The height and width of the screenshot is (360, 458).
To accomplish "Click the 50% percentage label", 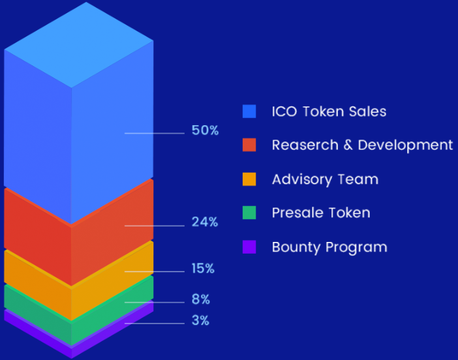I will tap(205, 130).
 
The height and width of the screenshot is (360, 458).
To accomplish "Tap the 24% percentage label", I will tap(205, 222).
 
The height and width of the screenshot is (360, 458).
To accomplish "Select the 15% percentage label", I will tap(203, 269).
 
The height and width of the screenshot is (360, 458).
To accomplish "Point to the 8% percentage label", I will tap(201, 300).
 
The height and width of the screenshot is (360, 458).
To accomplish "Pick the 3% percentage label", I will tap(200, 321).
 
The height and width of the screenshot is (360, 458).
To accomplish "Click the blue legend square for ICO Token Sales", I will tap(249, 112).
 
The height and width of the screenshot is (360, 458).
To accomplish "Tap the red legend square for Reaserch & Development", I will tap(249, 145).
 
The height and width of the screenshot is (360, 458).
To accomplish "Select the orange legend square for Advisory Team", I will tap(249, 179).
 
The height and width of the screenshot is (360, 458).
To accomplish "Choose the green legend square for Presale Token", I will tap(249, 213).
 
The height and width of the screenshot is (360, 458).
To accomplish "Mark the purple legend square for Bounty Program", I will tap(249, 247).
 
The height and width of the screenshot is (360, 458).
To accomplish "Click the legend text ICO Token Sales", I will tap(329, 112).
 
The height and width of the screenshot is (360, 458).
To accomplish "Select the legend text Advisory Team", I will tap(325, 179).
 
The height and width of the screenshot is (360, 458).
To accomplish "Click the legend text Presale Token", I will tap(321, 213).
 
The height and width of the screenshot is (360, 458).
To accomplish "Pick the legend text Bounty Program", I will tap(329, 247).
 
